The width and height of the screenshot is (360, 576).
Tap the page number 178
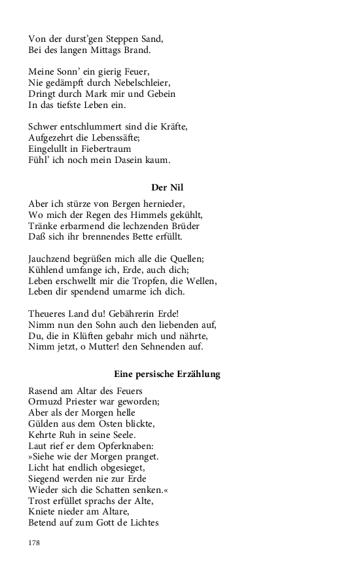pyautogui.click(x=35, y=543)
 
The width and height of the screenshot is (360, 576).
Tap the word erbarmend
pyautogui.click(x=83, y=225)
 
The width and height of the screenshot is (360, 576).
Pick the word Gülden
pyautogui.click(x=44, y=424)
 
